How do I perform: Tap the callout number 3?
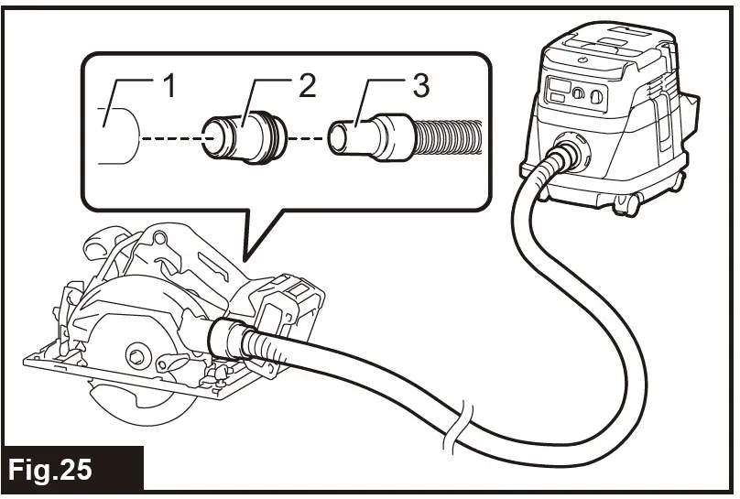(419, 89)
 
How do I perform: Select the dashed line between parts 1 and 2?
(170, 139)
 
